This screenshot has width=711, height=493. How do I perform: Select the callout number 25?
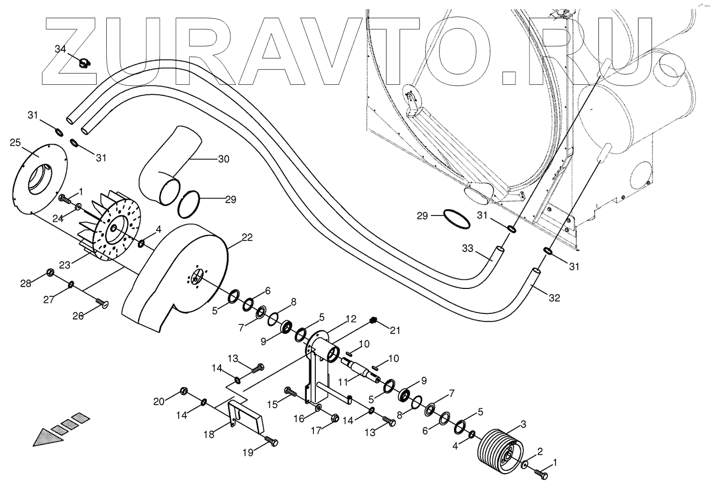(15, 143)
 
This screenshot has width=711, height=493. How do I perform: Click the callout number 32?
(554, 298)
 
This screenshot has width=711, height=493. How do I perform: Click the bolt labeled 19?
(271, 442)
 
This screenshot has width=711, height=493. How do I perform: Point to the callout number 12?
(351, 318)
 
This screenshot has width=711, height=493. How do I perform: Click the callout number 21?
(395, 330)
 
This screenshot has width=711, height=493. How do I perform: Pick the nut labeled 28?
(50, 272)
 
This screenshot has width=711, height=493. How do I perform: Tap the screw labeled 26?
(103, 303)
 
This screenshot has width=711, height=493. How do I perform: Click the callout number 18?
(209, 434)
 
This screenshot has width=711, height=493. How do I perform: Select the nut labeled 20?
(183, 390)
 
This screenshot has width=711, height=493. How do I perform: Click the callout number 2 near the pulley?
(539, 453)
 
